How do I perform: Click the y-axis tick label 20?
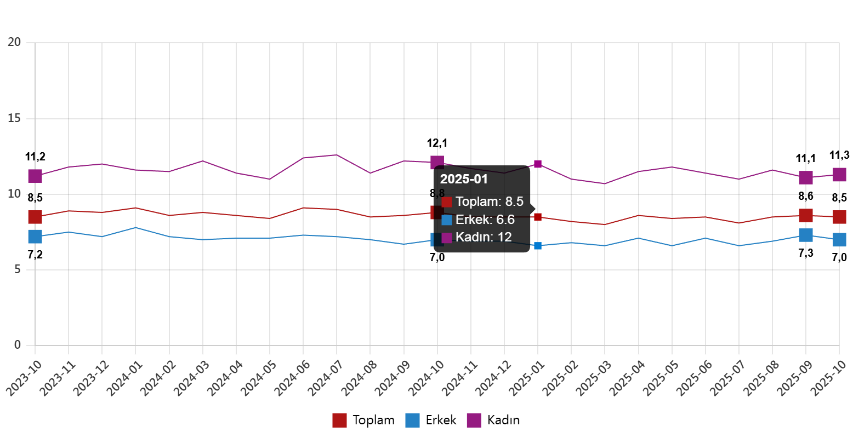pyautogui.click(x=14, y=42)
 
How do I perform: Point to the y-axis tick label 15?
pyautogui.click(x=14, y=118)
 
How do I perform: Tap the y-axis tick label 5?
pyautogui.click(x=18, y=269)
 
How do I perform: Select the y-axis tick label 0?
pyautogui.click(x=18, y=345)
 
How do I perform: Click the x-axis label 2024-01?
pyautogui.click(x=124, y=379)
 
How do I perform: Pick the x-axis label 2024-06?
pyautogui.click(x=292, y=379)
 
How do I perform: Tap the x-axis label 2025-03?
pyautogui.click(x=593, y=379)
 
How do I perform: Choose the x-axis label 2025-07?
pyautogui.click(x=727, y=379)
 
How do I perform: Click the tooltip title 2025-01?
pyautogui.click(x=464, y=179)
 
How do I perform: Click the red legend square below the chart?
pyautogui.click(x=339, y=420)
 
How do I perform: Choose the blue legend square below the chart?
pyautogui.click(x=412, y=420)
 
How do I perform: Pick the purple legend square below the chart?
pyautogui.click(x=474, y=420)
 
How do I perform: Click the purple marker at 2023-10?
pyautogui.click(x=35, y=176)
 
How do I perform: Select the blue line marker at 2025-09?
pyautogui.click(x=805, y=235)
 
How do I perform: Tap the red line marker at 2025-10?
pyautogui.click(x=839, y=217)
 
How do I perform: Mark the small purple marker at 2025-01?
pyautogui.click(x=537, y=164)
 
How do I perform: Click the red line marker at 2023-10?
pyautogui.click(x=35, y=217)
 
